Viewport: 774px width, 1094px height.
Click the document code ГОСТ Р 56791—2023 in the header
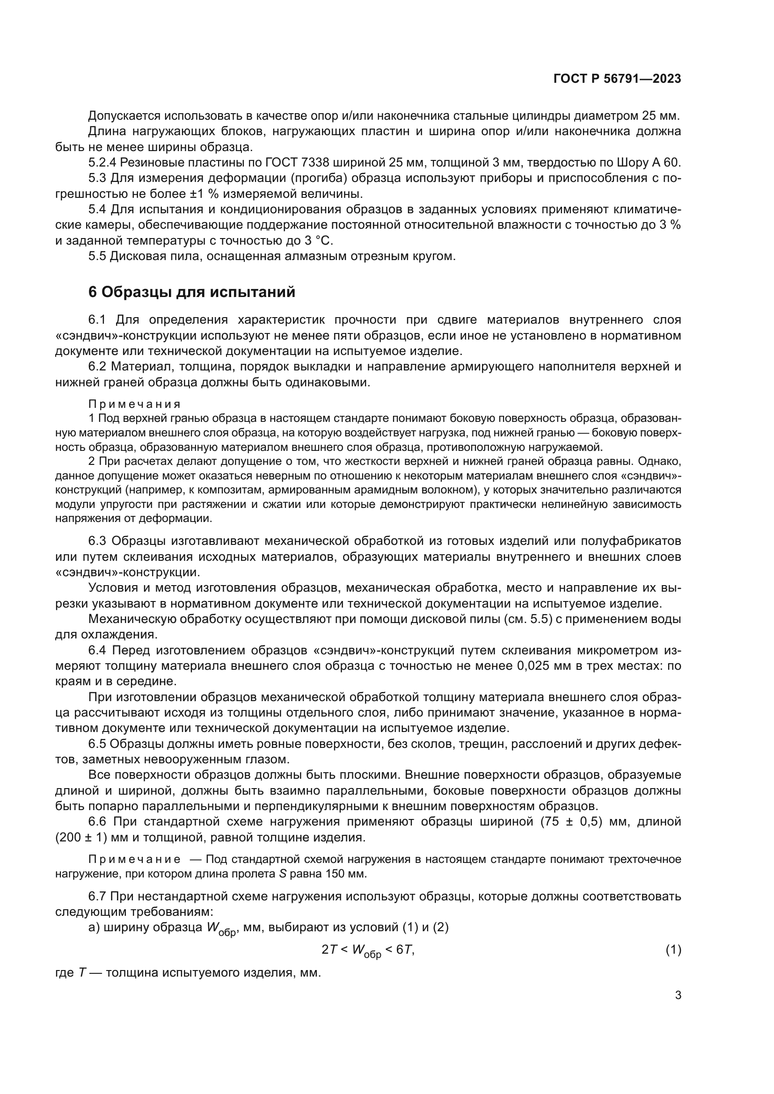pos(617,79)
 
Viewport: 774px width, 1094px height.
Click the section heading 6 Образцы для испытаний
pos(191,292)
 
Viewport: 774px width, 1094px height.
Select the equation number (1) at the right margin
pos(673,950)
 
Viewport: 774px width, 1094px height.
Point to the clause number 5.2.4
pos(102,163)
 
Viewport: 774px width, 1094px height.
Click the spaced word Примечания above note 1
pos(134,405)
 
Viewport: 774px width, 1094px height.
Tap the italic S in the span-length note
pos(281,874)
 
